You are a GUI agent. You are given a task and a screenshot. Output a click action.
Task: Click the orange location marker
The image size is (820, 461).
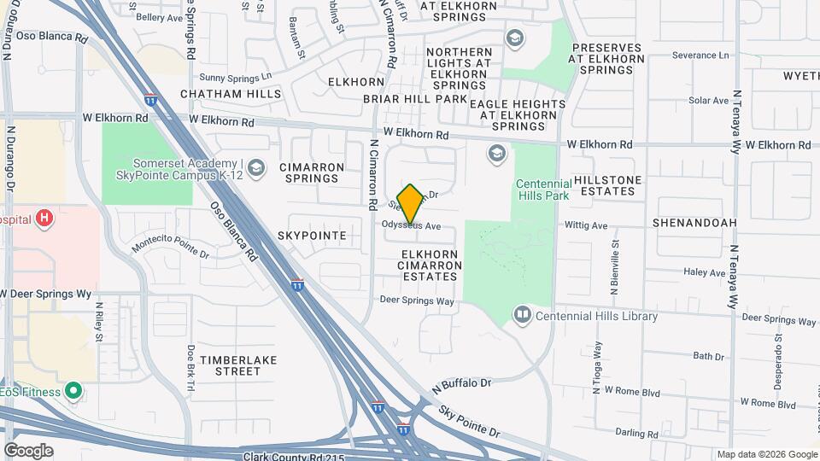(410, 204)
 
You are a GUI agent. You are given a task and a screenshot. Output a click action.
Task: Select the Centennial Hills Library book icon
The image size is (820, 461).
(522, 316)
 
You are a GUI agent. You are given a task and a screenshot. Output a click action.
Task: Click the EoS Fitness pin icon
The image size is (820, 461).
(73, 392)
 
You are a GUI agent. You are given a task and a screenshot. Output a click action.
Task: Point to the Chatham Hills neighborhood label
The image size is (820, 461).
(231, 93)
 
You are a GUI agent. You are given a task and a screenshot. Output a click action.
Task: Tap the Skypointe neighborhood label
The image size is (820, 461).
(312, 235)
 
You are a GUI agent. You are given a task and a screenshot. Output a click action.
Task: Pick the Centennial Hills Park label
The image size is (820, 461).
(543, 190)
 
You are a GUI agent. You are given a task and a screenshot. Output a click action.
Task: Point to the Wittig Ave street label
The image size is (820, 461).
(586, 226)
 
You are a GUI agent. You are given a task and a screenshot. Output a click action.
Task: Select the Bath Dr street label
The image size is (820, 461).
(708, 356)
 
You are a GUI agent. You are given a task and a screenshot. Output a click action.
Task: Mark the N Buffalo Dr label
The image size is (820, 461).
(462, 385)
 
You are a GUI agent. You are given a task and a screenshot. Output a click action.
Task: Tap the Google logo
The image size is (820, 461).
(28, 450)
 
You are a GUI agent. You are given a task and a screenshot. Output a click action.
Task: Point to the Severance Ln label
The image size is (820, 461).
(700, 55)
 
